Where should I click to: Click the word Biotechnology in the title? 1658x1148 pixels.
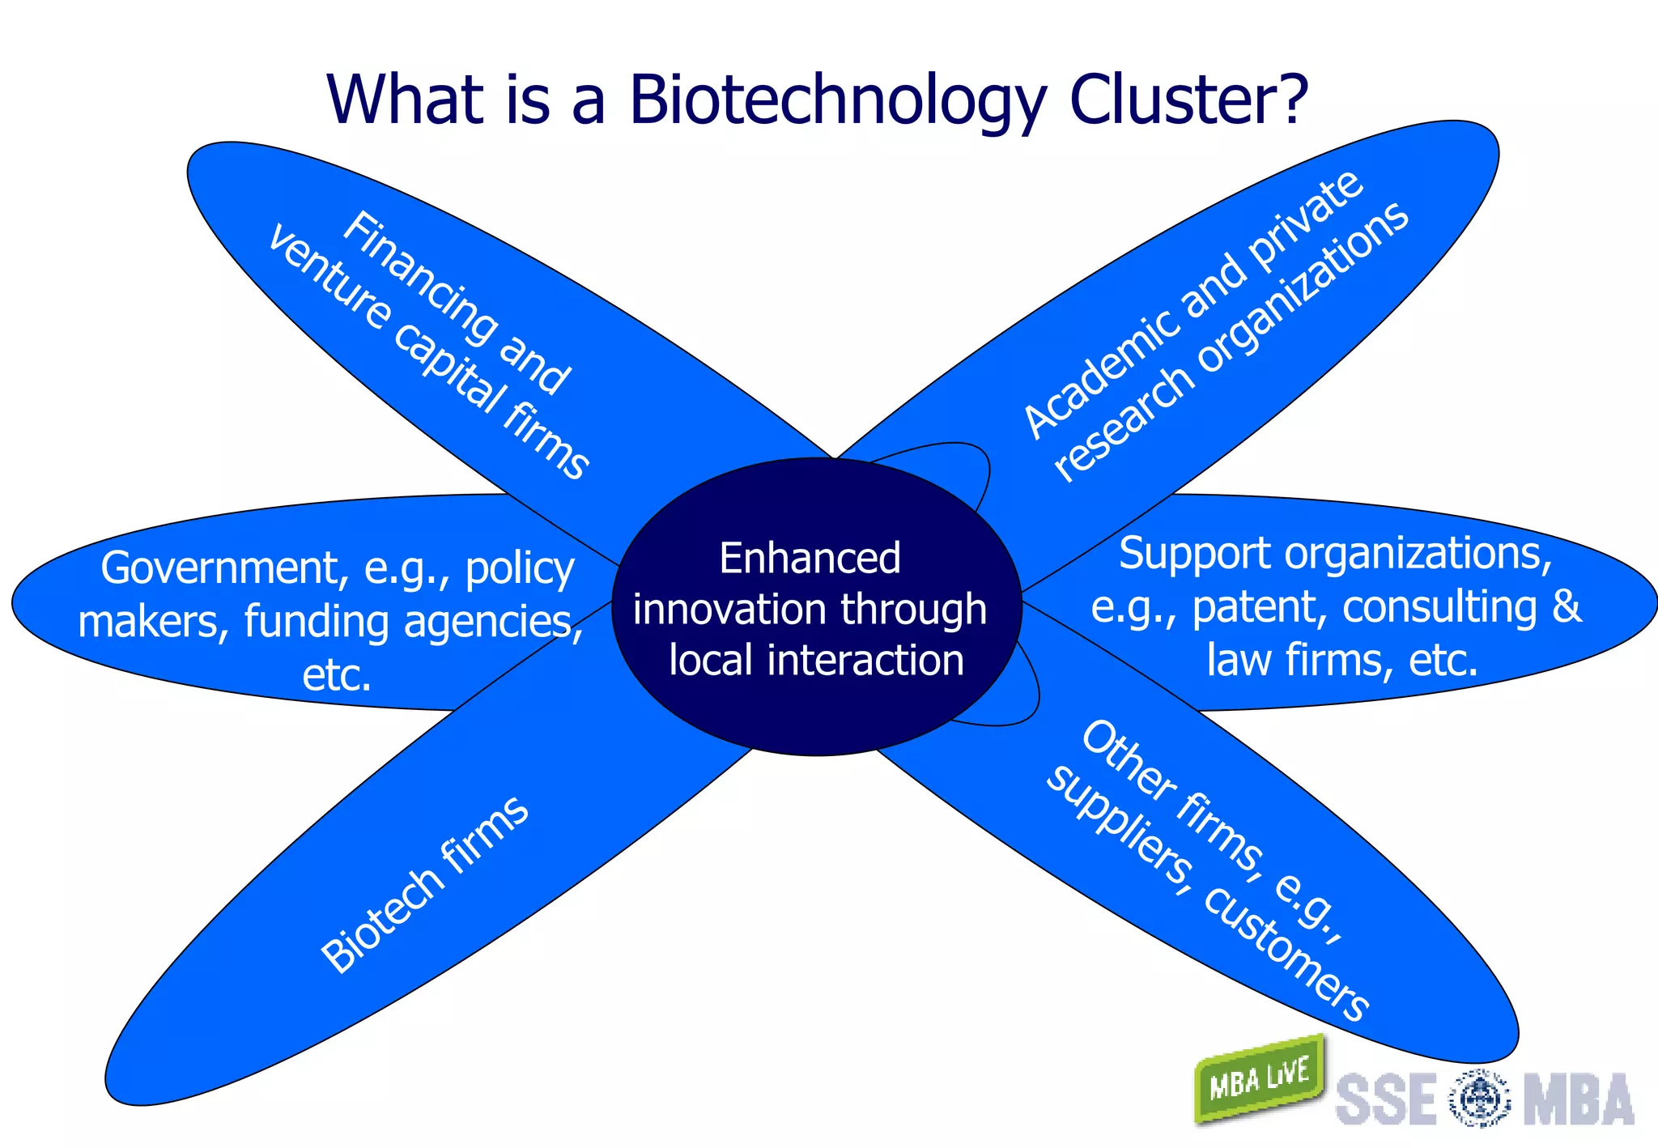tap(838, 101)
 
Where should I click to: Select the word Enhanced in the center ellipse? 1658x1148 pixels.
tap(810, 559)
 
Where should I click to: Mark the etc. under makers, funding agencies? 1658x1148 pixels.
tap(337, 675)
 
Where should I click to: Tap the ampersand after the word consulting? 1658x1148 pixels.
tap(1566, 606)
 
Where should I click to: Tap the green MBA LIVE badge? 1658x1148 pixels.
tap(1259, 1078)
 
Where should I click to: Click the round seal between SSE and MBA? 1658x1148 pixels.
tap(1478, 1099)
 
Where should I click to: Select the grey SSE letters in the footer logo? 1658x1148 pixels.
tap(1385, 1099)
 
